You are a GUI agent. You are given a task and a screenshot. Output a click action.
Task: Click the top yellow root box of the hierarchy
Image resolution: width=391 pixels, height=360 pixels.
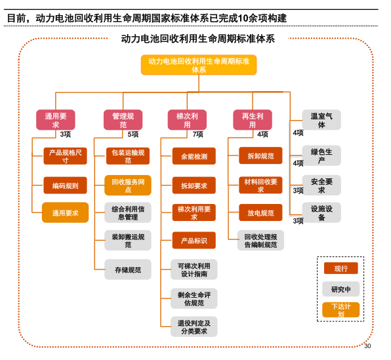[198, 65]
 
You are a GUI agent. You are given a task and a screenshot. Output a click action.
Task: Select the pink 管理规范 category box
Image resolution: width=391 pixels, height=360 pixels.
[123, 120]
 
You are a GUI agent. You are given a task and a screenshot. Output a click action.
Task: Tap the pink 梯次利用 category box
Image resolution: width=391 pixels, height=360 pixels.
[187, 120]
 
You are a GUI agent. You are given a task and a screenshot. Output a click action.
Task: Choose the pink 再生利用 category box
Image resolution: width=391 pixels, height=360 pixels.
[253, 120]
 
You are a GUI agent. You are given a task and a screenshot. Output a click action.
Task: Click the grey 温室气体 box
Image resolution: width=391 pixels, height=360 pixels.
[321, 120]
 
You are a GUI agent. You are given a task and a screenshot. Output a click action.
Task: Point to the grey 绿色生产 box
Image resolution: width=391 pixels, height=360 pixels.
[321, 155]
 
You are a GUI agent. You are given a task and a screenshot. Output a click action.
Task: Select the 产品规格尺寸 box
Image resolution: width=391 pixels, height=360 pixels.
[65, 156]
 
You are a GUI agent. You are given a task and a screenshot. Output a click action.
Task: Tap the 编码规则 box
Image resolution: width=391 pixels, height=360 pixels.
[65, 186]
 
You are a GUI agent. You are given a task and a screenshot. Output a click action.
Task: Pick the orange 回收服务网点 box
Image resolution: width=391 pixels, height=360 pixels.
[128, 185]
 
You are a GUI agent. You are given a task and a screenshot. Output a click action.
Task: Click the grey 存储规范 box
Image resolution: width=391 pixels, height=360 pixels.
[128, 269]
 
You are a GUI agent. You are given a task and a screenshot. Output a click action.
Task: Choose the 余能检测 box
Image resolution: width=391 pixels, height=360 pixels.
[194, 156]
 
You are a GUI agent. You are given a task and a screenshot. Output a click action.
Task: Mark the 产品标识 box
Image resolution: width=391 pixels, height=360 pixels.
[194, 241]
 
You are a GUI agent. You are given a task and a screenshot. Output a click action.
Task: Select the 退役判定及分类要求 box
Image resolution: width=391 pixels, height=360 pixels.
[194, 327]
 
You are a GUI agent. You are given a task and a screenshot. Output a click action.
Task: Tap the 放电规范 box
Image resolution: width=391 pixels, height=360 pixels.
[260, 212]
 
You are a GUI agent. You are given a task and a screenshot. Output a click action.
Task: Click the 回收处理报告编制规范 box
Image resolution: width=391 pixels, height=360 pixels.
[260, 241]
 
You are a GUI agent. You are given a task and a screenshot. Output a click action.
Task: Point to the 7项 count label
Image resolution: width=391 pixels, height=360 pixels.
[197, 134]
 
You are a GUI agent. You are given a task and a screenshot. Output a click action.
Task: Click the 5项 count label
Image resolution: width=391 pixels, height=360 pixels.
[133, 134]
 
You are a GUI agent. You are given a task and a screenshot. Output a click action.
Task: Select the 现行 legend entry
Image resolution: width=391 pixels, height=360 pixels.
[340, 268]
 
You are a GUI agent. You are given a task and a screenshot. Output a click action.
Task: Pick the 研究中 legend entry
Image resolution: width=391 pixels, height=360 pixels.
[340, 289]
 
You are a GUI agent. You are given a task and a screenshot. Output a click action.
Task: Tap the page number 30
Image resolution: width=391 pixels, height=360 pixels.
[367, 346]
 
